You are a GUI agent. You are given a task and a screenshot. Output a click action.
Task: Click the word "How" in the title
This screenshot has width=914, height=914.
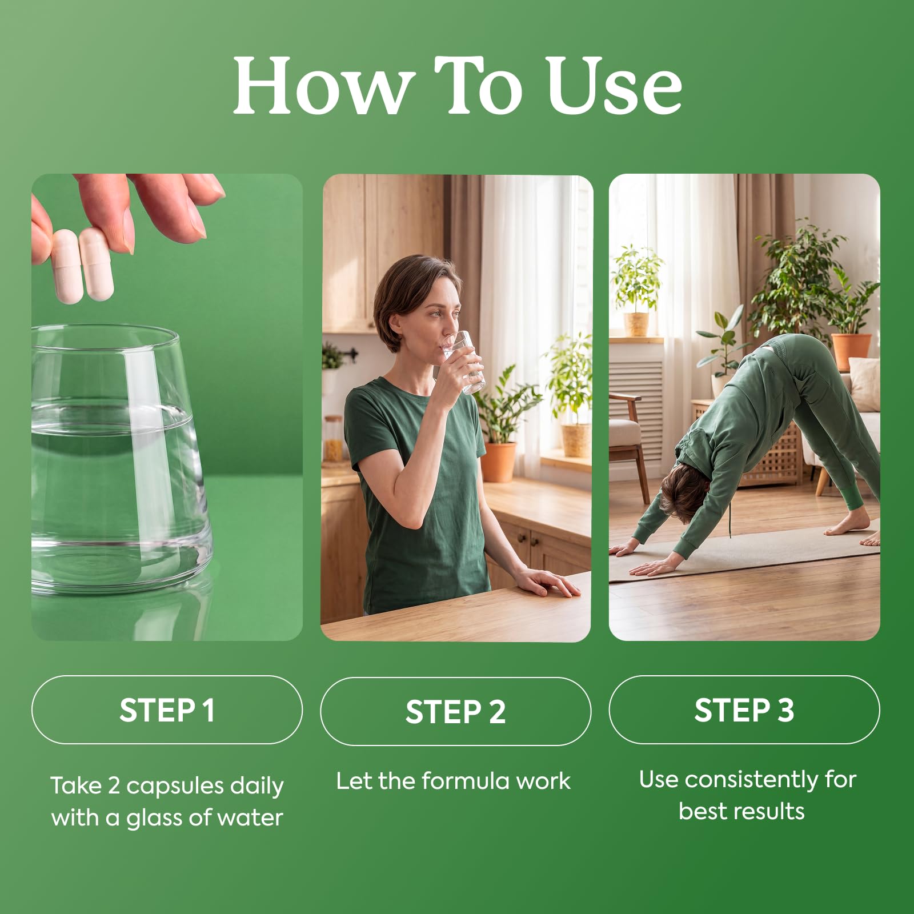(323, 86)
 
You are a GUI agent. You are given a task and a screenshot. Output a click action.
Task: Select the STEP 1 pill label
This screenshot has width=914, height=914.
(167, 710)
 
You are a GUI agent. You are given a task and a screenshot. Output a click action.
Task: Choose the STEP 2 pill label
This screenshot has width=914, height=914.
(455, 712)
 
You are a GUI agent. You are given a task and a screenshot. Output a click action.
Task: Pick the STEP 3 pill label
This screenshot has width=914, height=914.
(744, 710)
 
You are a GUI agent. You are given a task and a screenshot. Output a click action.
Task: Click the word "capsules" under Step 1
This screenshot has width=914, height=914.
(175, 787)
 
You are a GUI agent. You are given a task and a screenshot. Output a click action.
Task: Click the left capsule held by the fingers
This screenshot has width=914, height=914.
(66, 266)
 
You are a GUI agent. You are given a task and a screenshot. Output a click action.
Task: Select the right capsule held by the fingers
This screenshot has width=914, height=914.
(96, 263)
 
